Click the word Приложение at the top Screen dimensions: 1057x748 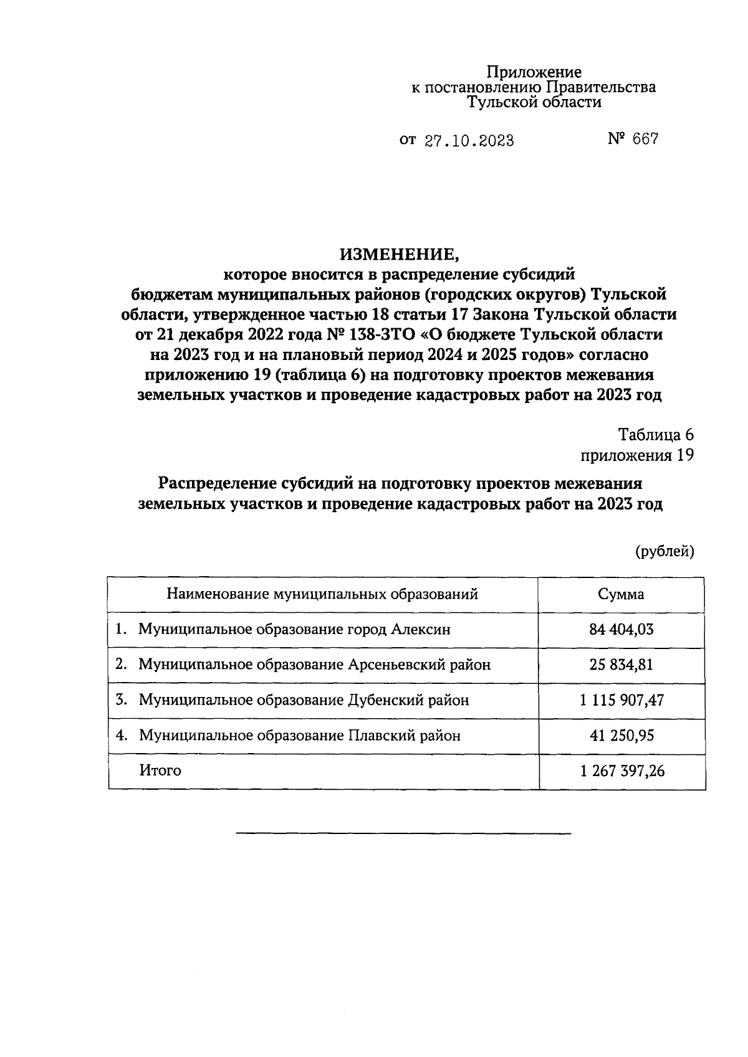click(x=534, y=72)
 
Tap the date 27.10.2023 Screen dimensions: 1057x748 click(x=469, y=141)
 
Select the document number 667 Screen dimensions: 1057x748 click(x=645, y=140)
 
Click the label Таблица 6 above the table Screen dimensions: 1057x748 click(x=656, y=434)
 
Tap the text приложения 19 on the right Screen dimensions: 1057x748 click(x=636, y=455)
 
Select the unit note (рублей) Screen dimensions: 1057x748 click(x=664, y=551)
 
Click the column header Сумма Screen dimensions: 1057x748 click(x=621, y=594)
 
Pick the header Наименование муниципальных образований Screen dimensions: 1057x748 click(x=322, y=594)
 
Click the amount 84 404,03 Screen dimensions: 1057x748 click(x=621, y=630)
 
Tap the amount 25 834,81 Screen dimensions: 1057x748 click(x=621, y=665)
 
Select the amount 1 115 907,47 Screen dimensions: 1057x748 click(x=621, y=700)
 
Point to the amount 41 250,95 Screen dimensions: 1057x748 click(x=621, y=736)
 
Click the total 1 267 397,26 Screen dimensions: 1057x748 click(x=621, y=771)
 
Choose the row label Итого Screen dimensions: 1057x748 click(x=160, y=770)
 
